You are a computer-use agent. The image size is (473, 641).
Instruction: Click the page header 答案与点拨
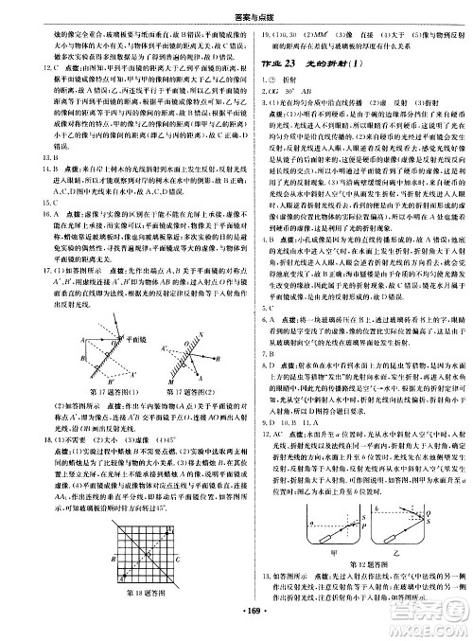point(236,10)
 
